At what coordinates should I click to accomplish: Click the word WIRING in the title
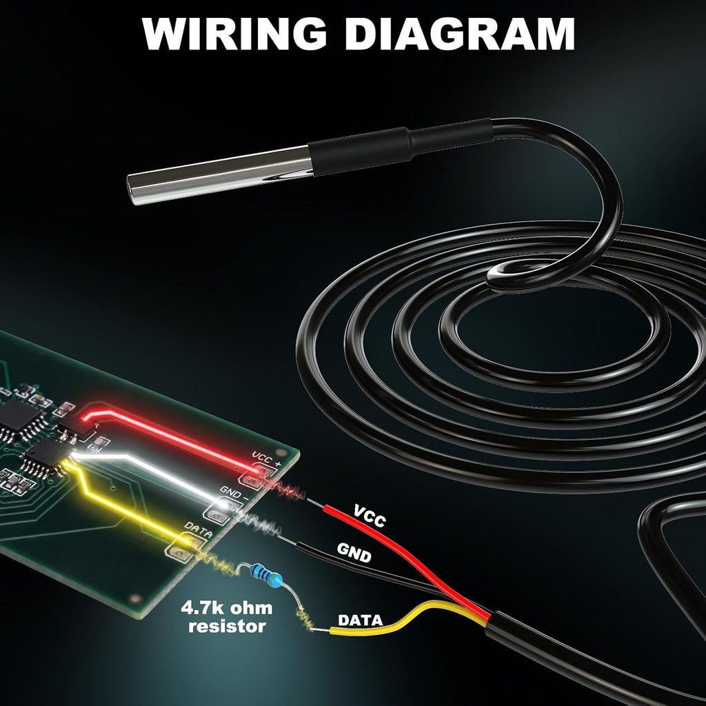tap(234, 34)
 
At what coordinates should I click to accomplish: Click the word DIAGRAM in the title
tap(459, 34)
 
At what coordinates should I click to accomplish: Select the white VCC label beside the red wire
tap(370, 516)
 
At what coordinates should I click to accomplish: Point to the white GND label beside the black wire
tap(354, 552)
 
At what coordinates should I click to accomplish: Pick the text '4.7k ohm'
tap(226, 607)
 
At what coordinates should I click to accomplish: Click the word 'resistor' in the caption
tap(227, 626)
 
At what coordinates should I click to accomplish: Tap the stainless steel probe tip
tap(220, 175)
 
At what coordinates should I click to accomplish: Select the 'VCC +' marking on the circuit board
tap(267, 458)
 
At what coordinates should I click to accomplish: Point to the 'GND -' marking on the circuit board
tap(234, 494)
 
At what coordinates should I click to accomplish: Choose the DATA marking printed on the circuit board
tap(198, 530)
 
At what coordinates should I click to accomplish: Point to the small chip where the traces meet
tap(46, 454)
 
